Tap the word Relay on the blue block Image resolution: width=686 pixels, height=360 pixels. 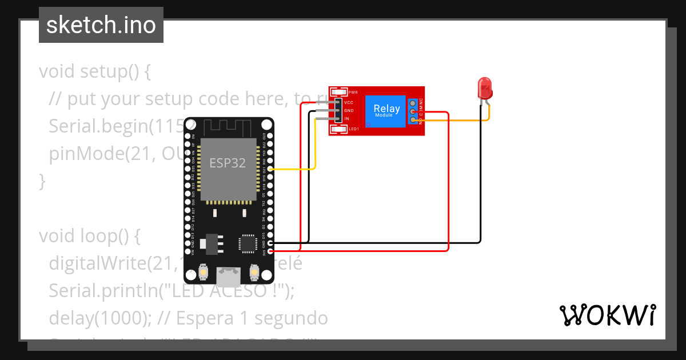pyautogui.click(x=386, y=109)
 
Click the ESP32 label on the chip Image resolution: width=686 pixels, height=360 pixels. pyautogui.click(x=228, y=163)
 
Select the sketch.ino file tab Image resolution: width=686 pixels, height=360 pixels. pyautogui.click(x=101, y=25)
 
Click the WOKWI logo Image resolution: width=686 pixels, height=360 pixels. pyautogui.click(x=607, y=315)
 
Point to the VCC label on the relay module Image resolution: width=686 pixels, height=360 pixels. pyautogui.click(x=349, y=102)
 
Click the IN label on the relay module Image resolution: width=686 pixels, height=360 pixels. pyautogui.click(x=346, y=118)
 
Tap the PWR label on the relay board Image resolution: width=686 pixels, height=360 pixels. pyautogui.click(x=353, y=93)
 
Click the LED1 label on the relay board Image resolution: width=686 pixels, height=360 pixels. pyautogui.click(x=353, y=129)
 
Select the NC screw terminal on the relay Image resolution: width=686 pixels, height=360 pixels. pyautogui.click(x=412, y=103)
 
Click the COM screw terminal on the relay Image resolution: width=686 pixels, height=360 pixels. pyautogui.click(x=412, y=111)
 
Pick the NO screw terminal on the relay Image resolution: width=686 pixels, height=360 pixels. pyautogui.click(x=412, y=120)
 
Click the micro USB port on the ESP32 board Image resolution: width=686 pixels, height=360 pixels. pyautogui.click(x=228, y=277)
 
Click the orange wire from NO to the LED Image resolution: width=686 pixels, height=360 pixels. pyautogui.click(x=457, y=120)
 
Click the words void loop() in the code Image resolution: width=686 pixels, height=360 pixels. pyautogui.click(x=89, y=235)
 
